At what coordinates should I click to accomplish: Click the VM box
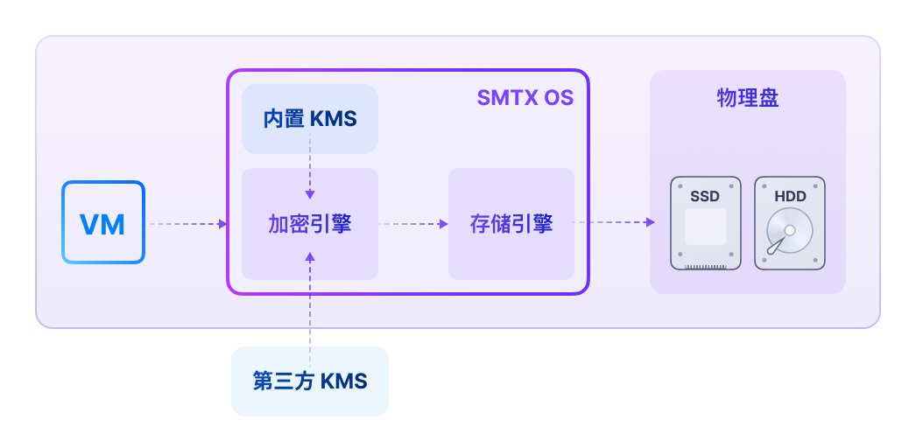102,222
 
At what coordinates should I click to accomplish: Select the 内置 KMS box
309,119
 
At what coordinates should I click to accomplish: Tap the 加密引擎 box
309,224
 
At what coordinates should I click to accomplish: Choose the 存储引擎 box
511,224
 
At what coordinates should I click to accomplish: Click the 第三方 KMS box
309,381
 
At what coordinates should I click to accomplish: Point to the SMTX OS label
525,97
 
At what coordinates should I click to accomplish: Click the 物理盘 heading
747,97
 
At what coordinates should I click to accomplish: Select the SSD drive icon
705,223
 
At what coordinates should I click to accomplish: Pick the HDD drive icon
789,223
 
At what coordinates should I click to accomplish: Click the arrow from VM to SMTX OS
187,224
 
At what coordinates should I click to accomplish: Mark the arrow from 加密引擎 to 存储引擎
413,224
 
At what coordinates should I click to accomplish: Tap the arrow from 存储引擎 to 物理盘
613,223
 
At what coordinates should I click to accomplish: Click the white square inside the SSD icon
705,227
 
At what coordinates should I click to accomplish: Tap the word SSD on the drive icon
705,197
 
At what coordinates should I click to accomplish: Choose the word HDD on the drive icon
789,197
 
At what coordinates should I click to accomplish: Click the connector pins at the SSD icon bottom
705,265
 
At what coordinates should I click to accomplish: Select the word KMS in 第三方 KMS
343,381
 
